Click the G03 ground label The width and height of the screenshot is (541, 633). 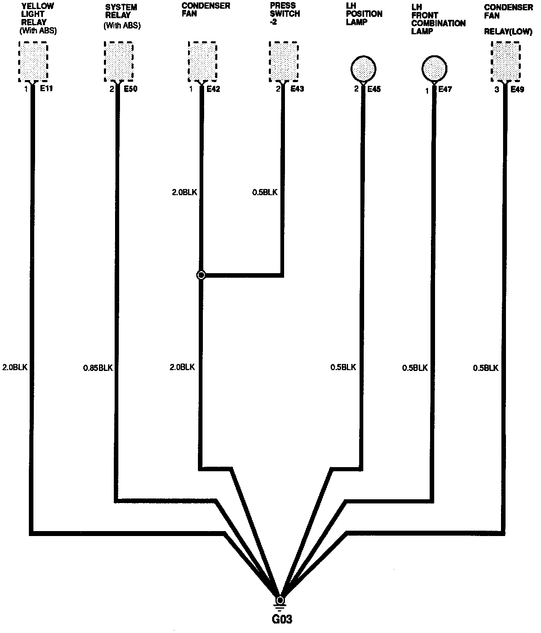click(282, 619)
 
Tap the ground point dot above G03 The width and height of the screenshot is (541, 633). click(280, 600)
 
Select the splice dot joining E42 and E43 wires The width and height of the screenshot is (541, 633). click(201, 275)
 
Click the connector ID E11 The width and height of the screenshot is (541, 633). click(46, 89)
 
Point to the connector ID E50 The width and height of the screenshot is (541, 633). click(130, 89)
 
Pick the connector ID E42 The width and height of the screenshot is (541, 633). click(213, 89)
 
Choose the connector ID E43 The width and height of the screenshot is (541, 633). click(297, 89)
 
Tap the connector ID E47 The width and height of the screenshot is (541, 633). click(445, 89)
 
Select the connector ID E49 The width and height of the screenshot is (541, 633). click(517, 89)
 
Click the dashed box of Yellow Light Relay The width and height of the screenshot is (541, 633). click(33, 61)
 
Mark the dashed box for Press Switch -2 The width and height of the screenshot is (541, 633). click(284, 61)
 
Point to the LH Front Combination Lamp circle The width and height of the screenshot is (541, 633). click(435, 68)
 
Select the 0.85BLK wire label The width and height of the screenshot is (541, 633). click(98, 368)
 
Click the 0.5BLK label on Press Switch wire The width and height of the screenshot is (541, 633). click(265, 192)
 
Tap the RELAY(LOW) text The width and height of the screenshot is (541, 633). click(508, 31)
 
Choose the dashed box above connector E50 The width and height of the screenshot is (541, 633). click(119, 61)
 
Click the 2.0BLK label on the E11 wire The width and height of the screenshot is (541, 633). click(15, 367)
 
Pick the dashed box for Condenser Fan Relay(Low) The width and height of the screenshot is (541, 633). click(505, 61)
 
